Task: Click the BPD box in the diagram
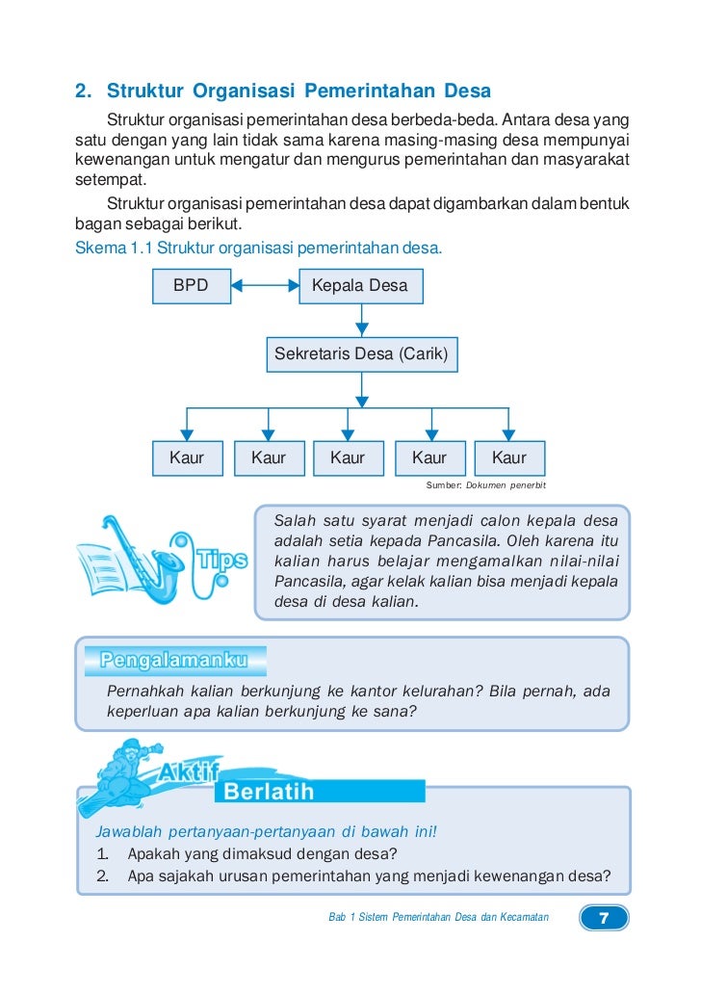tap(191, 286)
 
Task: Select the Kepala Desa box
tap(359, 286)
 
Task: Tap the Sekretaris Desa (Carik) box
tap(361, 354)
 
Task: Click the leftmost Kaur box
tap(187, 458)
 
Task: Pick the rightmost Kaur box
tap(509, 458)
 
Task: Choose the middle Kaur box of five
tap(348, 458)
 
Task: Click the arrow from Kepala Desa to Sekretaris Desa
tap(361, 319)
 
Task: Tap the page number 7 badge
tap(604, 918)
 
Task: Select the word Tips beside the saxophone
tap(221, 560)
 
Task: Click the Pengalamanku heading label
tap(173, 661)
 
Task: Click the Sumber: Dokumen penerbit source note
tap(486, 483)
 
